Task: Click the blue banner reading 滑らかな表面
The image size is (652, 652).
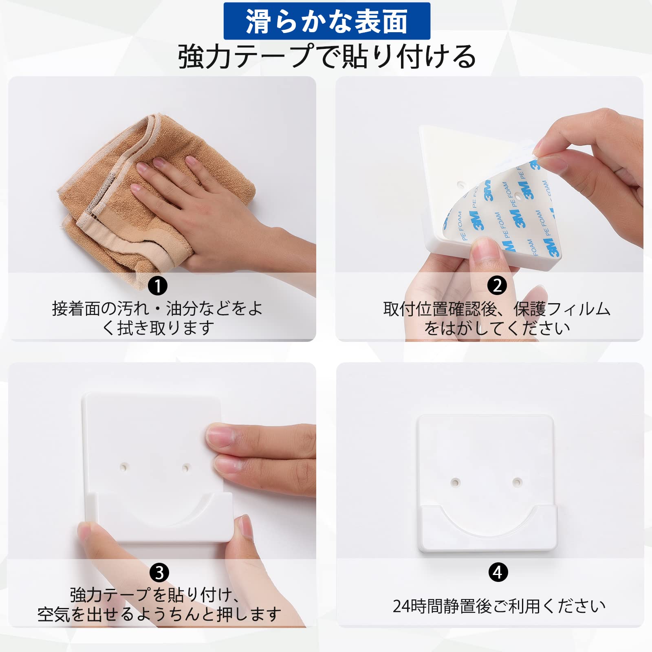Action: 327,21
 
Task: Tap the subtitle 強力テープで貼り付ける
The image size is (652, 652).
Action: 327,56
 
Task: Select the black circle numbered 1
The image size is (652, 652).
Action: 158,286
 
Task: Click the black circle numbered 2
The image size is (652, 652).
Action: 497,285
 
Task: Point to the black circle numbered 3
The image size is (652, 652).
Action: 159,573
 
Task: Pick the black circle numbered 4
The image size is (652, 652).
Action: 498,572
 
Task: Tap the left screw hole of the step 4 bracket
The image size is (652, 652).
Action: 455,482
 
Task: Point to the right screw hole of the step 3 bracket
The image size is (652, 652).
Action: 185,467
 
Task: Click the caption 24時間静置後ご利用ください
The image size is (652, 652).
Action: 499,606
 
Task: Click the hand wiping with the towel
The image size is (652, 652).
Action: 212,212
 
